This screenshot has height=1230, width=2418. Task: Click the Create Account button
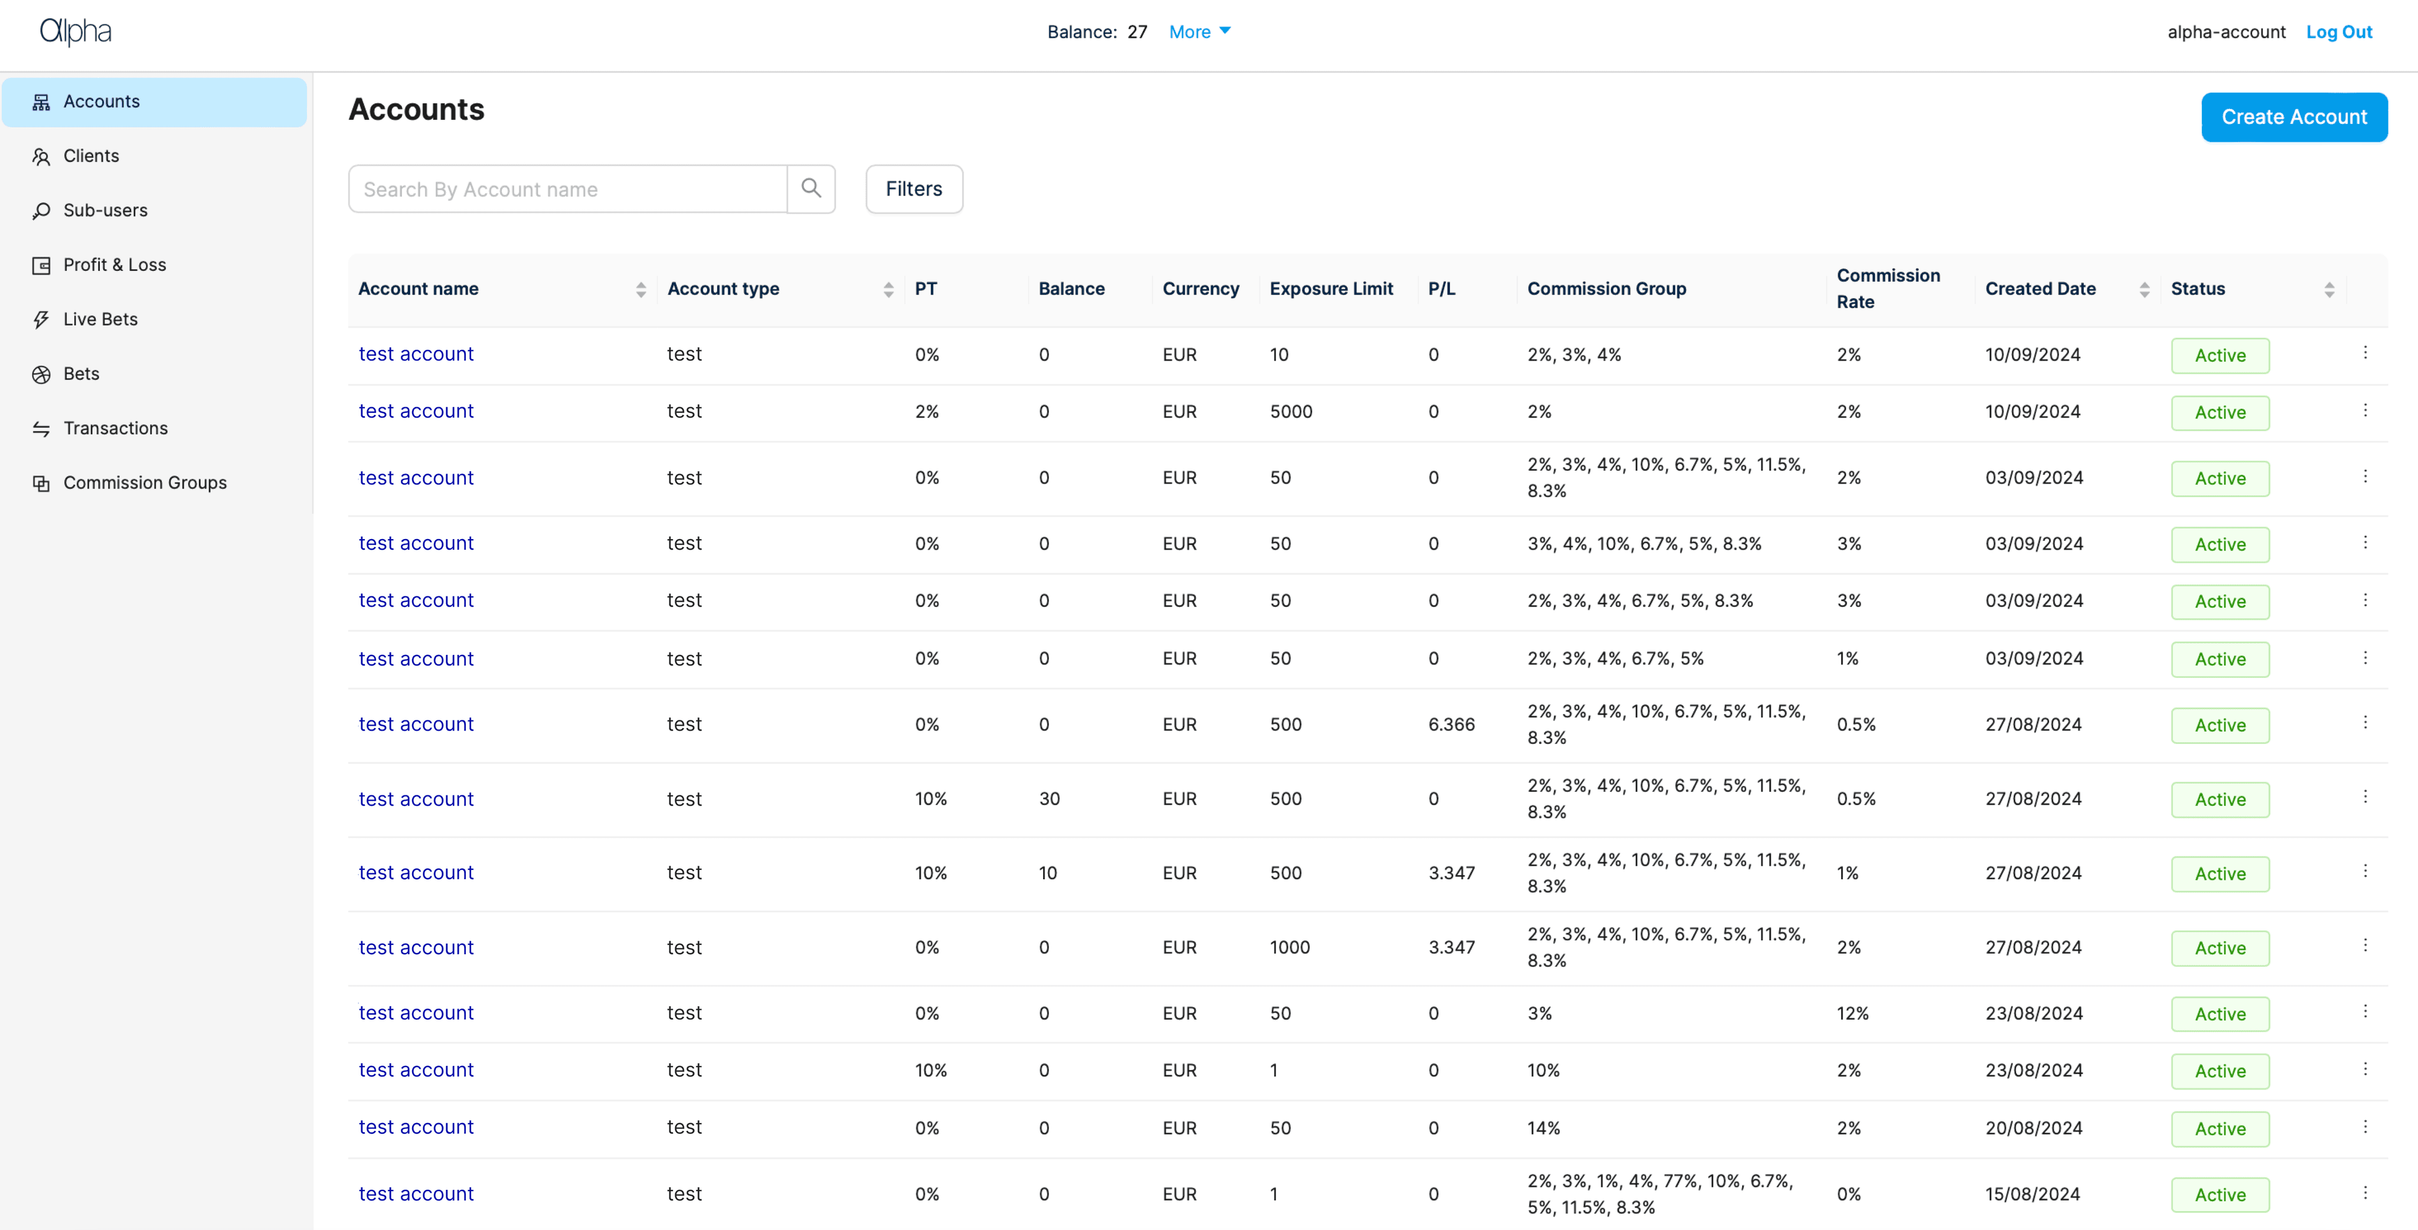click(x=2294, y=118)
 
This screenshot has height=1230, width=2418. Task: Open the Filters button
click(x=914, y=189)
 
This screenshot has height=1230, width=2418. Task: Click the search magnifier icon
click(x=812, y=189)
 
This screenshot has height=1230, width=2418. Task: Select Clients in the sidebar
click(x=91, y=156)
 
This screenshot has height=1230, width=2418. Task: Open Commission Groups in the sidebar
click(x=145, y=482)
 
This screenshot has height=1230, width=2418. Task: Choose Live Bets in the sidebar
click(x=100, y=319)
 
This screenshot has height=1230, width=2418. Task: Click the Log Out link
click(x=2339, y=32)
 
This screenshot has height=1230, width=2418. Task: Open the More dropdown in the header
click(x=1200, y=32)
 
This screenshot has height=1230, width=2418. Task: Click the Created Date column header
click(x=2040, y=288)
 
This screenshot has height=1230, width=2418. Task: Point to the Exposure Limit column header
click(x=1331, y=288)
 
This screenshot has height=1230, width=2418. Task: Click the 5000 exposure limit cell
click(x=1290, y=411)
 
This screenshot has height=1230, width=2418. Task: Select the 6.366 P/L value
click(x=1451, y=724)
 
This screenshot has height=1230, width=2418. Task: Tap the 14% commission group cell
click(x=1543, y=1128)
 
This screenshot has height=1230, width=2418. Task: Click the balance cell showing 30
click(x=1050, y=798)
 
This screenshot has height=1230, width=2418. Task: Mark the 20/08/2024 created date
click(x=2033, y=1128)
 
